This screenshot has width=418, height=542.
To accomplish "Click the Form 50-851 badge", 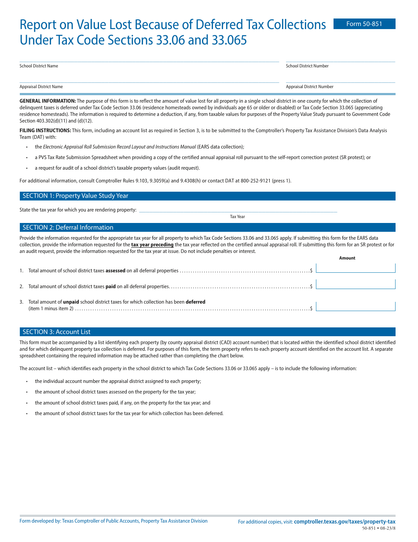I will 364,24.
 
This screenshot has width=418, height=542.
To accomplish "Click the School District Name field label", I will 39,66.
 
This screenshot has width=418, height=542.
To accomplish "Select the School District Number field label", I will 307,66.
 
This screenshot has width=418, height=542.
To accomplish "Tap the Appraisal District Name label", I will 41,87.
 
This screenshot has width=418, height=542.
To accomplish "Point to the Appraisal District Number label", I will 309,87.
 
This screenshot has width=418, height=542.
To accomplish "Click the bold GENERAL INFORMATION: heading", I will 48,101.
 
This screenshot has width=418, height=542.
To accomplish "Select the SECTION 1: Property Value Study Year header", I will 75,196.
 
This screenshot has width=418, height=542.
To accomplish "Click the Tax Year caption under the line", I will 237,217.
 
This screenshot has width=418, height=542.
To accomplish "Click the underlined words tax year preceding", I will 152,245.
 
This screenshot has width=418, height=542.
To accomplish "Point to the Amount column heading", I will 347,258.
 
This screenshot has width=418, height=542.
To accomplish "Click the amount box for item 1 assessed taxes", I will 356,268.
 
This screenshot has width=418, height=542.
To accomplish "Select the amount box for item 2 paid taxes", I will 356,284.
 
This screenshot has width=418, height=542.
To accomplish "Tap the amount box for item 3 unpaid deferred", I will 356,306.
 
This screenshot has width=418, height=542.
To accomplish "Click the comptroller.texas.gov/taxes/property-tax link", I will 345,522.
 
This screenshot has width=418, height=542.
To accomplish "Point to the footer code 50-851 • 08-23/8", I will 378,528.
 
